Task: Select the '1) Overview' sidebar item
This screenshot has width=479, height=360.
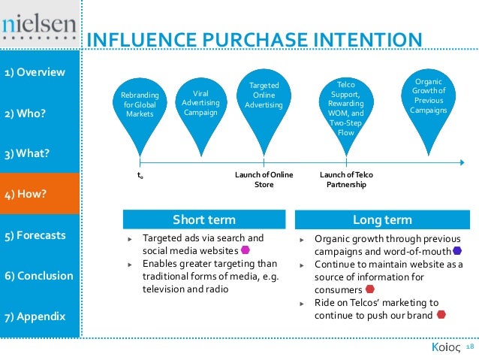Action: point(35,73)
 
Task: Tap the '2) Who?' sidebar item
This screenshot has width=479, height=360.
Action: point(25,113)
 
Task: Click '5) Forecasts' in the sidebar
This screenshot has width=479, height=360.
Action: point(35,235)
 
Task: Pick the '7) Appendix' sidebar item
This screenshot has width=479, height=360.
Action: point(35,316)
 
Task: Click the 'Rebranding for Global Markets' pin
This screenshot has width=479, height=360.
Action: point(140,105)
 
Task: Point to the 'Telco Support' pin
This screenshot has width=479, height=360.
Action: point(346,105)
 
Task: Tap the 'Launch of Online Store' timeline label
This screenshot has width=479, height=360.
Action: point(264,179)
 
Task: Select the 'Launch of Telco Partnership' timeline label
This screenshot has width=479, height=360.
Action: point(346,179)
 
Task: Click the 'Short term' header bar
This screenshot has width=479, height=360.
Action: point(204,219)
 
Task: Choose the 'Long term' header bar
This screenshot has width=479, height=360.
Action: point(382,219)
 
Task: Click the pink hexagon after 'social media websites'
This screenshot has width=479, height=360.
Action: point(246,250)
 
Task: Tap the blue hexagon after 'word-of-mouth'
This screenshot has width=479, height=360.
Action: point(457,250)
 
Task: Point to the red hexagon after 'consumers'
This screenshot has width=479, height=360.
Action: point(369,289)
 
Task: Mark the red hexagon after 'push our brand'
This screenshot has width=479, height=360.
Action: point(441,314)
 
